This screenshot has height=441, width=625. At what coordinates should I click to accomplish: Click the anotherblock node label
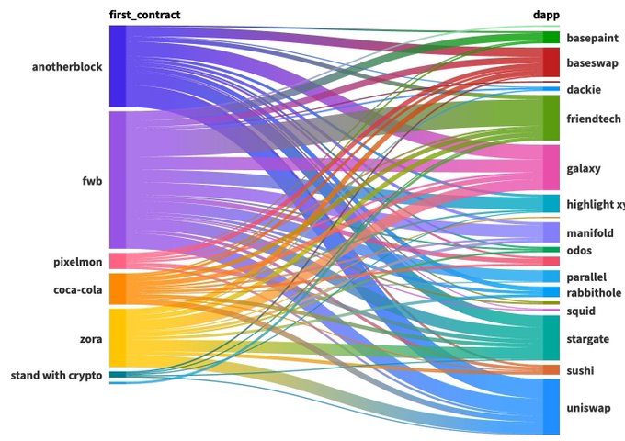[66, 67]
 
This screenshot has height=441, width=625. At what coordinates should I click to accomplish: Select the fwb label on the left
[92, 181]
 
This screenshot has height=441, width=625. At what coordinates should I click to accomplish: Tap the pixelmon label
[77, 263]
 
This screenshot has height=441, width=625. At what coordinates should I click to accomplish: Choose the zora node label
[90, 339]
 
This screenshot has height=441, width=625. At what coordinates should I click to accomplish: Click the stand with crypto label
[56, 375]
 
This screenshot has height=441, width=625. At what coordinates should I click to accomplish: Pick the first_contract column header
[144, 15]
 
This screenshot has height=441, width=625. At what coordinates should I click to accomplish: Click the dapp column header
[547, 15]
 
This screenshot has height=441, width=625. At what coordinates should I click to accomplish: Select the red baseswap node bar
[551, 62]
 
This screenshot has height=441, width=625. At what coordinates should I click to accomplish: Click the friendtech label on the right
[594, 119]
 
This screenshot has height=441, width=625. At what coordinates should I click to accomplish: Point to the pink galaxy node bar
[551, 167]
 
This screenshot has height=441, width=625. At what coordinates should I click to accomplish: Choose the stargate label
[588, 339]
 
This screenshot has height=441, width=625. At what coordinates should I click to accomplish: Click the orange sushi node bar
[551, 370]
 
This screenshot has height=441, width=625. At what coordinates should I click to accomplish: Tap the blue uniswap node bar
[551, 406]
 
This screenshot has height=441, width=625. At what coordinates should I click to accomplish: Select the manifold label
[590, 233]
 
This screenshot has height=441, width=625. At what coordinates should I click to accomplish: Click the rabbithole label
[594, 293]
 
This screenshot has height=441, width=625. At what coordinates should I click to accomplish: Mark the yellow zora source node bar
[118, 338]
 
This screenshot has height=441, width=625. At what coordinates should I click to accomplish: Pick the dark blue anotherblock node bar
[118, 66]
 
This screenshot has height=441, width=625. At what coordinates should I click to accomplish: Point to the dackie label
[584, 90]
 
